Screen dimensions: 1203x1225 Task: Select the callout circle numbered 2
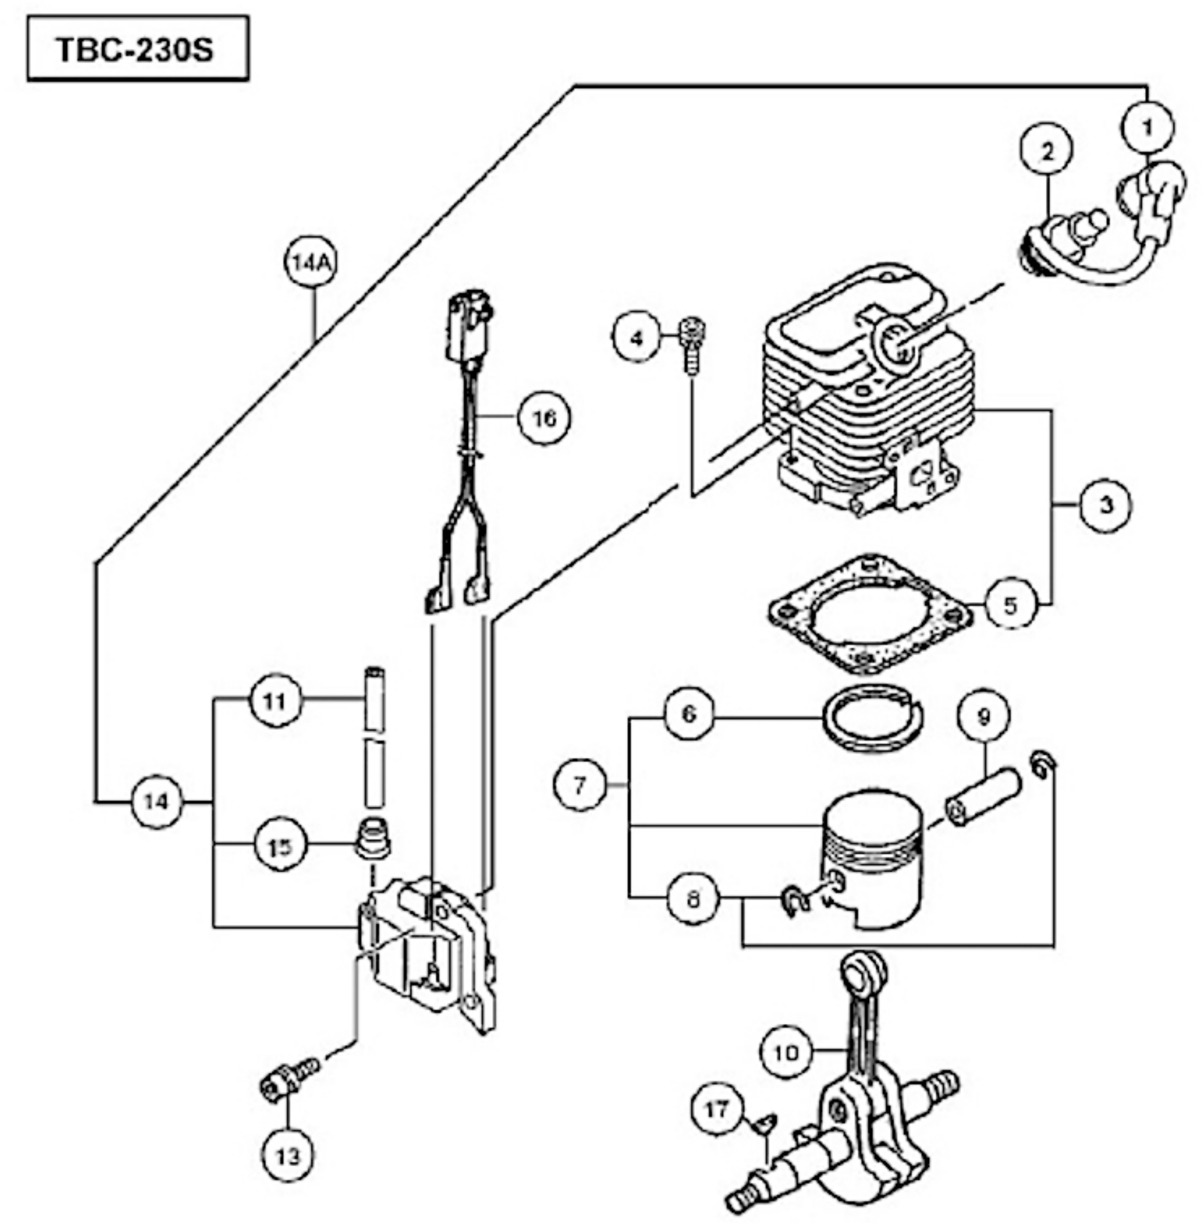[x=1047, y=152]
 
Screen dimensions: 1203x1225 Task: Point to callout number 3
[x=1106, y=505]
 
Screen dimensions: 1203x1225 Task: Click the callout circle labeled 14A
[x=310, y=262]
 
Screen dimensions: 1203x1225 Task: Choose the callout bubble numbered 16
[x=544, y=417]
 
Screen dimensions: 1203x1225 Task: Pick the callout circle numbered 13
[x=288, y=1155]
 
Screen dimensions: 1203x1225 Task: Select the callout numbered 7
[x=579, y=785]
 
